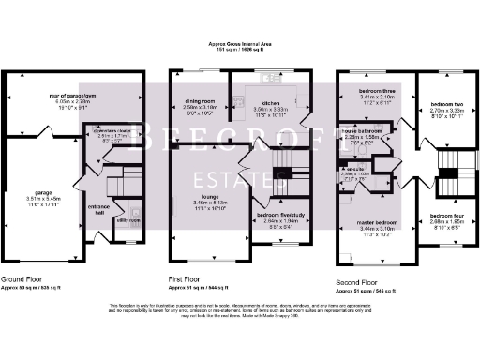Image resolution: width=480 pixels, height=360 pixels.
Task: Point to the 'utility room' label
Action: pos(127,219)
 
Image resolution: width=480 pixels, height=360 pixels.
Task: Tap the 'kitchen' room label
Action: pos(271,102)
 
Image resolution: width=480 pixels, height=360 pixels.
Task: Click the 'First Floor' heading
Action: pos(185,279)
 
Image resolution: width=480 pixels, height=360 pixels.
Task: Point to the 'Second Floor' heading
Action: pos(357,280)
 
